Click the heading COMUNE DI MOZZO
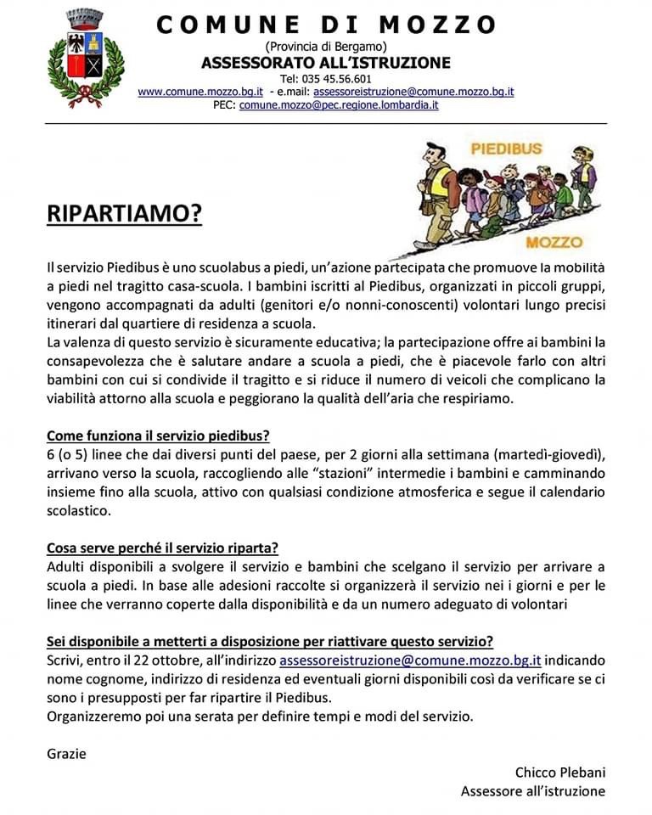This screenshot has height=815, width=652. pos(326,25)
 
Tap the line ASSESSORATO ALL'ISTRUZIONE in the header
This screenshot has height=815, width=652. pos(326,63)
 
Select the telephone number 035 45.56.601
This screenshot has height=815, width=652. pos(326,79)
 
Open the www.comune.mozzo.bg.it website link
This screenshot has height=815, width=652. pos(200,92)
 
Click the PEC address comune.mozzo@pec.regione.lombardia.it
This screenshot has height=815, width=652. pos(339,105)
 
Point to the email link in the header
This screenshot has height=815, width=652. pos(413,92)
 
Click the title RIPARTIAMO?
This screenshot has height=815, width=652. pos(124,215)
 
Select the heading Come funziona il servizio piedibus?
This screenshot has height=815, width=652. pos(158,436)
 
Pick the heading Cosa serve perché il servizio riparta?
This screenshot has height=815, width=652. pos(163,548)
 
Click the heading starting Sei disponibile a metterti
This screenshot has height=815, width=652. pos(270,641)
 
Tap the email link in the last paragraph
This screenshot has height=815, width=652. pos(410,660)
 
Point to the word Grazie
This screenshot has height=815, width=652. pos(66,753)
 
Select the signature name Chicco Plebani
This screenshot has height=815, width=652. pos(560,772)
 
